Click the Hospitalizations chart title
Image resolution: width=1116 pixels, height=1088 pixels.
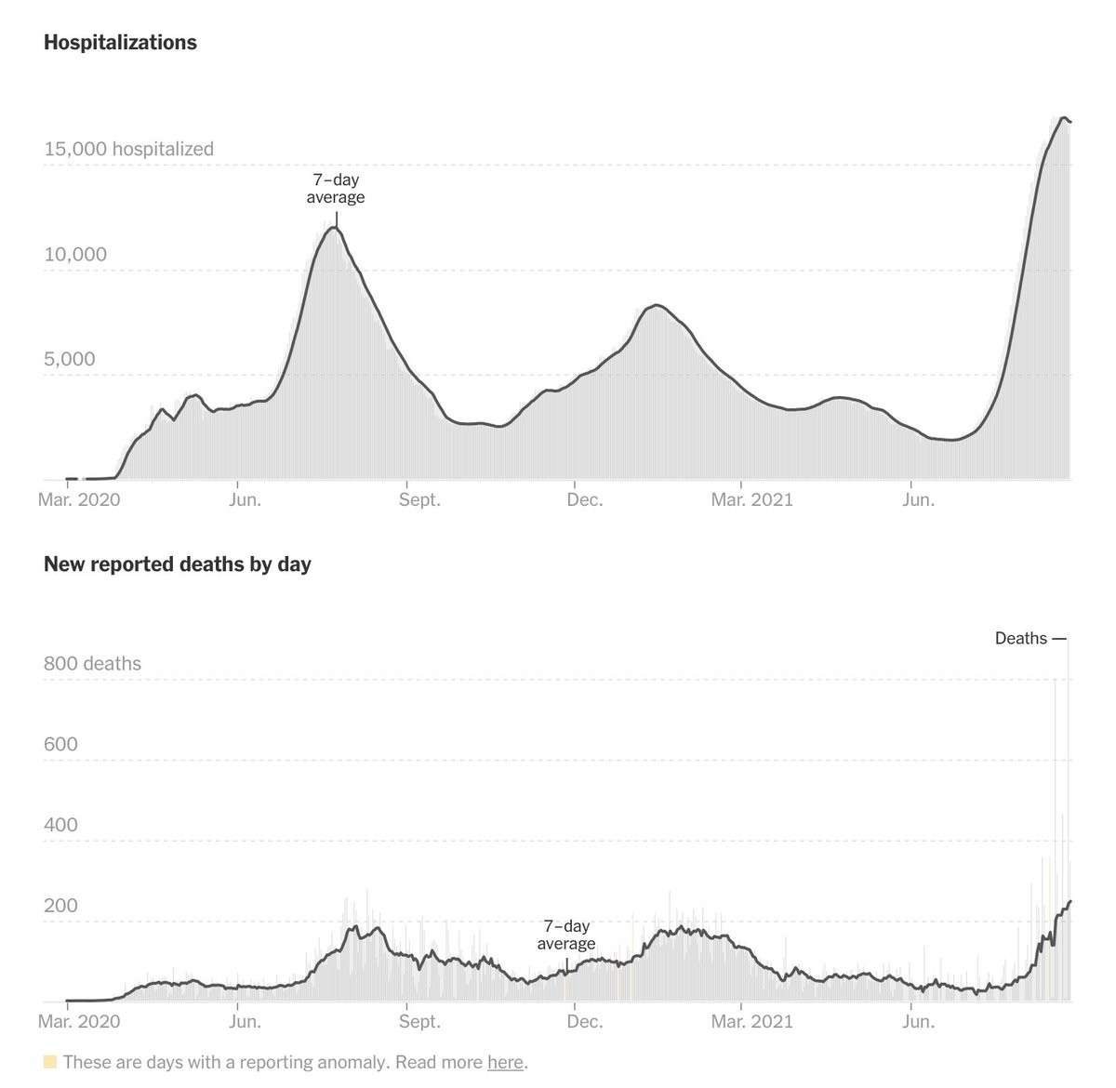point(120,43)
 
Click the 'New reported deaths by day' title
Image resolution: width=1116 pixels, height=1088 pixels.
point(177,564)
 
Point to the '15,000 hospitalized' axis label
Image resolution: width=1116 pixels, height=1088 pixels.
point(128,149)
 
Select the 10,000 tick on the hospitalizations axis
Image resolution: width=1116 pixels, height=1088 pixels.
point(75,254)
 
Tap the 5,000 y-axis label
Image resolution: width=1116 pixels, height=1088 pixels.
point(69,359)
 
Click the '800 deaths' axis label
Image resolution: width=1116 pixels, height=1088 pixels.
point(92,663)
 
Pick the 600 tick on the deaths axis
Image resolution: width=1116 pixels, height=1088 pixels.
point(60,744)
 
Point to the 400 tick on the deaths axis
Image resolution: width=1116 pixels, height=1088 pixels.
point(60,825)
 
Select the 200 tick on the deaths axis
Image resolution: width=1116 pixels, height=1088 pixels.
point(60,906)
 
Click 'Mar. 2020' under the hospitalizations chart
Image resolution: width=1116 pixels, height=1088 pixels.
point(79,499)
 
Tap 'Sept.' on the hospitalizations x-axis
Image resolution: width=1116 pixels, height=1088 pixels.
point(419,499)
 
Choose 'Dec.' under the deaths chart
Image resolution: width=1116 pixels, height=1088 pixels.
point(584,1021)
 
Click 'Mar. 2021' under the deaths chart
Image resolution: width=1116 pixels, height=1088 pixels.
point(751,1021)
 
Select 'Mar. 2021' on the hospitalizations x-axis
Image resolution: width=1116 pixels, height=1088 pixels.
point(751,499)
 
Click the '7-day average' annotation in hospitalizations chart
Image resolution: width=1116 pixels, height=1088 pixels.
point(336,189)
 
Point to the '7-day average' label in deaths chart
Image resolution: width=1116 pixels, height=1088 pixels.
point(566,935)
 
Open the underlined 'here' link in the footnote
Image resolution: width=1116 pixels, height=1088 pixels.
point(505,1062)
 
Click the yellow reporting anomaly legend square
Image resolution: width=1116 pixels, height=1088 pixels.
point(50,1062)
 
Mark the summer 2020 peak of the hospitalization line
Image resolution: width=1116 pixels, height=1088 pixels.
point(333,228)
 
